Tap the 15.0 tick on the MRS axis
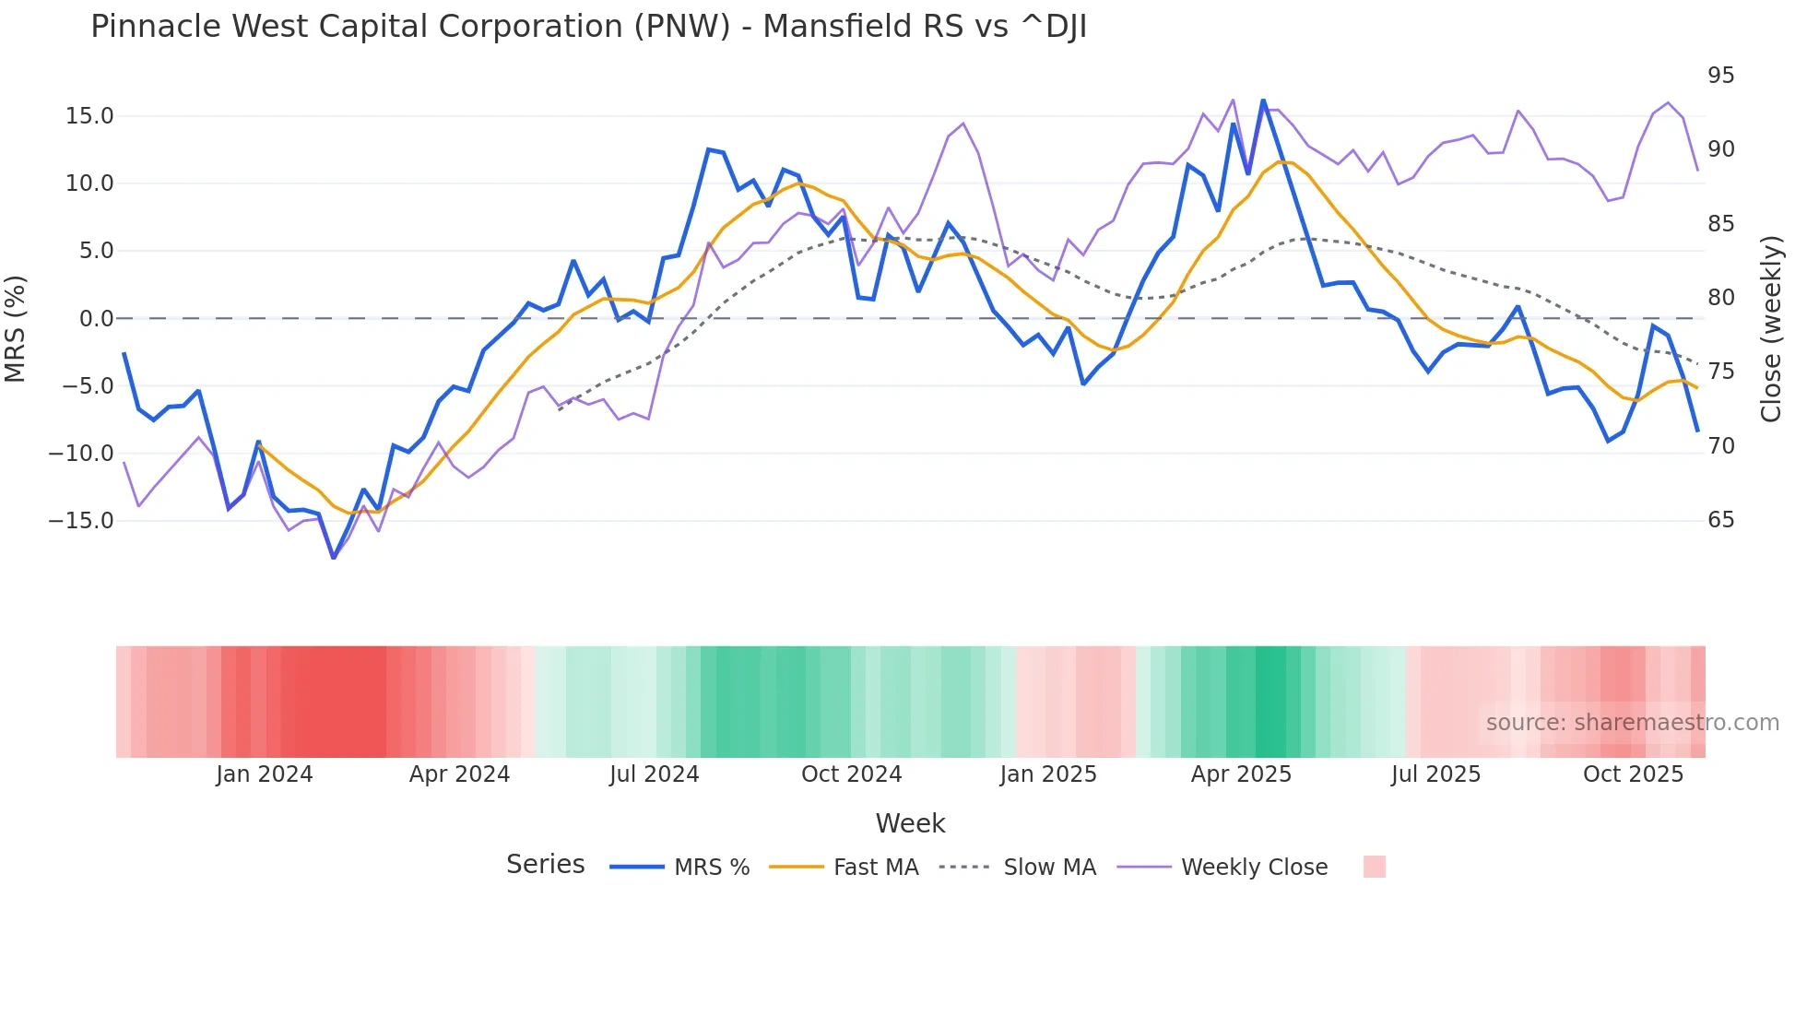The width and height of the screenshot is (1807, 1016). coord(89,116)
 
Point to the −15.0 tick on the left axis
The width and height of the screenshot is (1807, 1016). coord(81,521)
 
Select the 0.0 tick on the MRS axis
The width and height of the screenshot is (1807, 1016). coord(96,319)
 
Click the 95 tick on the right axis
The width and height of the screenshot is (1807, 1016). coord(1720,76)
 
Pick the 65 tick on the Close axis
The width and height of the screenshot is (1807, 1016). coord(1720,520)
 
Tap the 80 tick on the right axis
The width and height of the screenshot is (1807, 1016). coord(1720,298)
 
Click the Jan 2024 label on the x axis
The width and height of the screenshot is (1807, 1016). coord(265,774)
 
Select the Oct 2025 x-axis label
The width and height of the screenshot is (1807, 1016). coord(1633,774)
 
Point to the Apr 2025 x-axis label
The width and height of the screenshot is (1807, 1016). coord(1241,774)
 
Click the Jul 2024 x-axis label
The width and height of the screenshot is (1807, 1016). coord(654,774)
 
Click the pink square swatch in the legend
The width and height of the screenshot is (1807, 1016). coord(1374,867)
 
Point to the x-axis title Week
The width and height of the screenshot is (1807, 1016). coord(910,823)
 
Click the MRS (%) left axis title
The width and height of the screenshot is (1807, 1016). coord(16,329)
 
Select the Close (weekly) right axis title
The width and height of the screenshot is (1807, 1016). coord(1771,329)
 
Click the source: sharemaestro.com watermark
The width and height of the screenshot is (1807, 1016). coord(1632,723)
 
